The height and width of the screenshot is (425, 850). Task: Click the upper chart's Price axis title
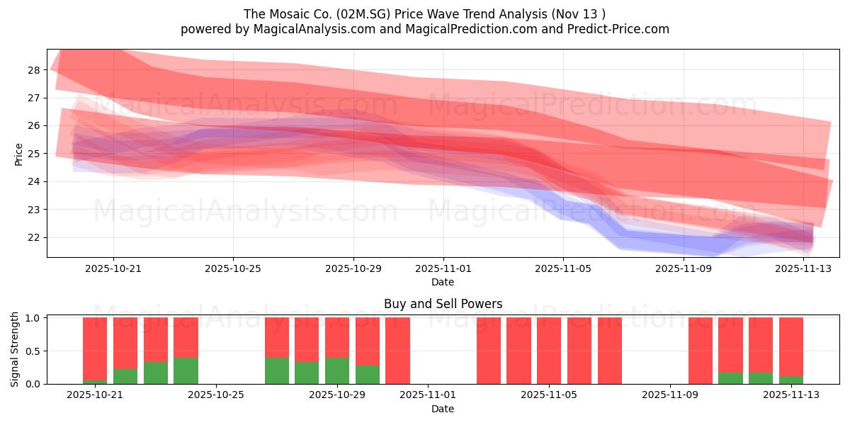pos(18,154)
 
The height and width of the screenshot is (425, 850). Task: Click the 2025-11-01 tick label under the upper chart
pos(443,268)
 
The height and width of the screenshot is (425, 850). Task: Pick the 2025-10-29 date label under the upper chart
pos(353,268)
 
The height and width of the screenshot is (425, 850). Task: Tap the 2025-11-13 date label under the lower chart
pos(790,395)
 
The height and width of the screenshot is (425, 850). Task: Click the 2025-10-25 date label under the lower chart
pos(217,395)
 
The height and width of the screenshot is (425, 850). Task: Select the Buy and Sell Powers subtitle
pos(443,304)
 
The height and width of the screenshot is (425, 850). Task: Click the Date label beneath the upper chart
pos(443,282)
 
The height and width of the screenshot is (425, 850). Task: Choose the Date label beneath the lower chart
pos(443,409)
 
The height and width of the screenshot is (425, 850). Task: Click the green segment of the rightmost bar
pos(790,380)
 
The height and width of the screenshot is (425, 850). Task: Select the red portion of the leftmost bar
pos(95,347)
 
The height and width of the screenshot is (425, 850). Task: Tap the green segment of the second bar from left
pos(125,376)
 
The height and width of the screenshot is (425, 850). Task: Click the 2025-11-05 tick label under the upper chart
pos(563,268)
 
